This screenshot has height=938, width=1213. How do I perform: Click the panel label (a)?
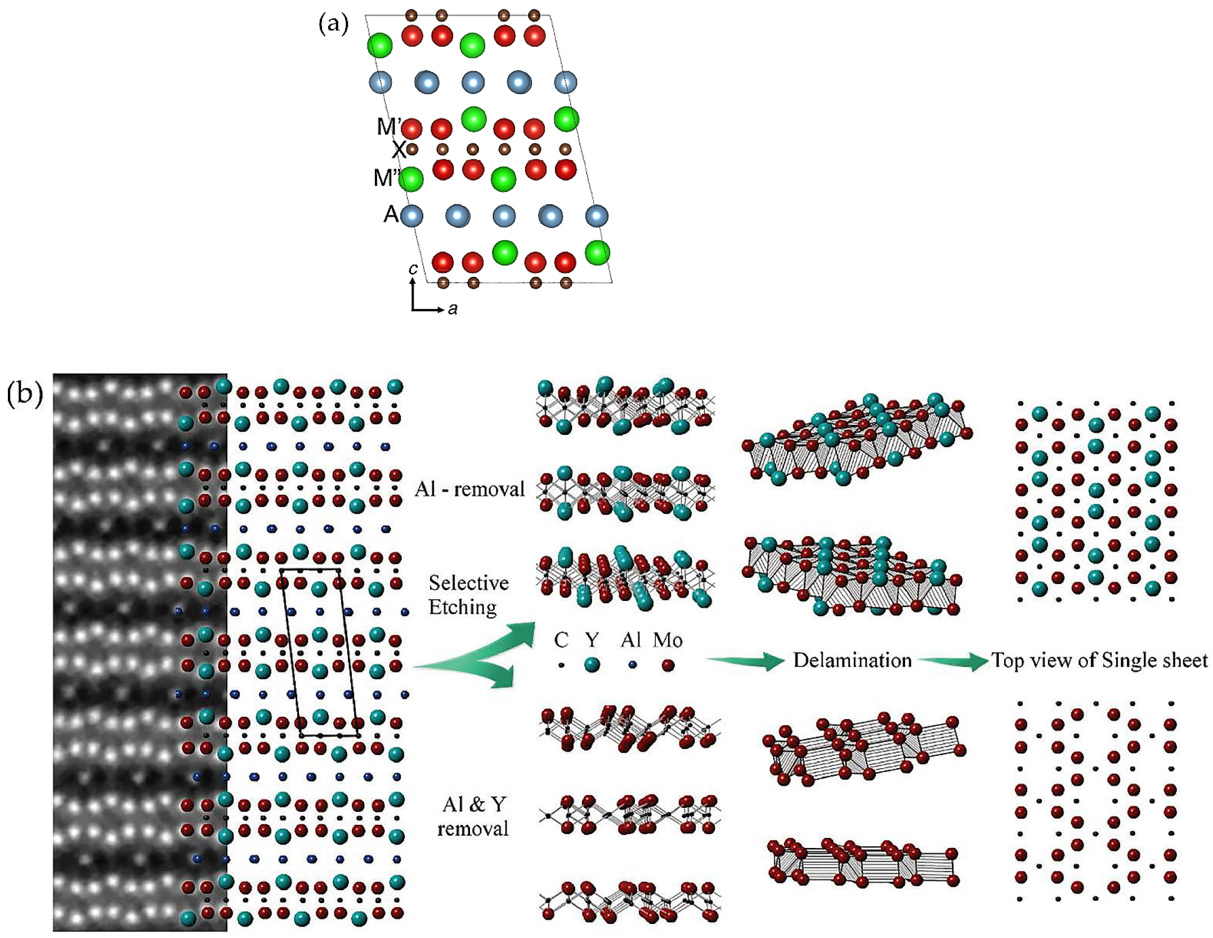(x=334, y=25)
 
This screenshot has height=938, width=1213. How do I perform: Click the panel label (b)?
(x=25, y=395)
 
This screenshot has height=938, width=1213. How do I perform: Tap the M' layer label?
(x=389, y=127)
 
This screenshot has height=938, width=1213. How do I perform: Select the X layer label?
(x=399, y=150)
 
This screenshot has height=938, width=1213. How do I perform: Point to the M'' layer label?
(x=387, y=178)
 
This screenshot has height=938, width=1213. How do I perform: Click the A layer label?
(x=391, y=214)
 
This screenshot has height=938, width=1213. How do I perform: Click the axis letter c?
(x=413, y=270)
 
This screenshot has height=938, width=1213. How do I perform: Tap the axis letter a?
(x=453, y=308)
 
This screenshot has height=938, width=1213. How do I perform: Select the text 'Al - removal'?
(x=469, y=490)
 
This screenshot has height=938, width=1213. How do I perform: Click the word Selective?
(x=468, y=583)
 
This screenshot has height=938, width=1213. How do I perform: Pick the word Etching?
(x=463, y=607)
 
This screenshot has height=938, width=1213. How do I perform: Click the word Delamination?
(x=852, y=660)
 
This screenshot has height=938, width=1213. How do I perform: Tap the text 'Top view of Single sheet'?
(x=1099, y=660)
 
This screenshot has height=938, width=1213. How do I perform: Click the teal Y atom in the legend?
(x=592, y=665)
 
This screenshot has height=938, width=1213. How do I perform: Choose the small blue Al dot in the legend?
(x=633, y=665)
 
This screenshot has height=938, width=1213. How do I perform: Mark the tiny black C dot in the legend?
(x=561, y=665)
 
